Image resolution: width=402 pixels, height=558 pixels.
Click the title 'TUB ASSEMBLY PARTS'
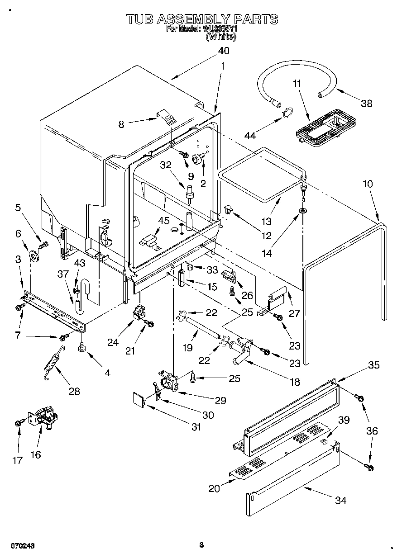201,19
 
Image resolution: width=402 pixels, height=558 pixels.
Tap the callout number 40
224,51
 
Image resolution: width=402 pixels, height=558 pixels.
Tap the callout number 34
340,501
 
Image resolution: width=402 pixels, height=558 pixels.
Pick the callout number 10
368,184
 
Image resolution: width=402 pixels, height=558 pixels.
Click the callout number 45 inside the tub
164,221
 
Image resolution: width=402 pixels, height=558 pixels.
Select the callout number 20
214,488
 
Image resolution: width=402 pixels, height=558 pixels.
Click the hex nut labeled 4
81,347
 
